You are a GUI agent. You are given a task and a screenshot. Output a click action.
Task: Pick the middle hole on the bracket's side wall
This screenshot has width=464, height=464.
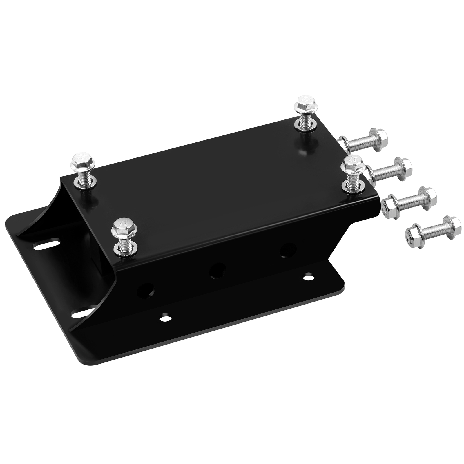click(217, 270)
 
